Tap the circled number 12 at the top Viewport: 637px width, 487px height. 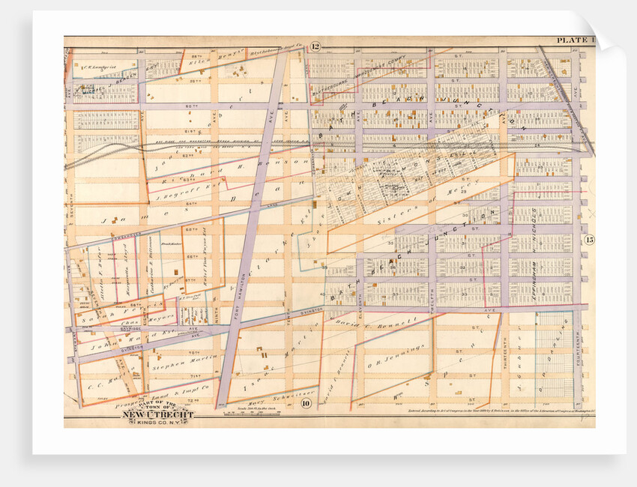(316, 48)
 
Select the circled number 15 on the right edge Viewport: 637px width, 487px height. (589, 240)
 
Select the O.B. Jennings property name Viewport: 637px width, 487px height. (397, 357)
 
